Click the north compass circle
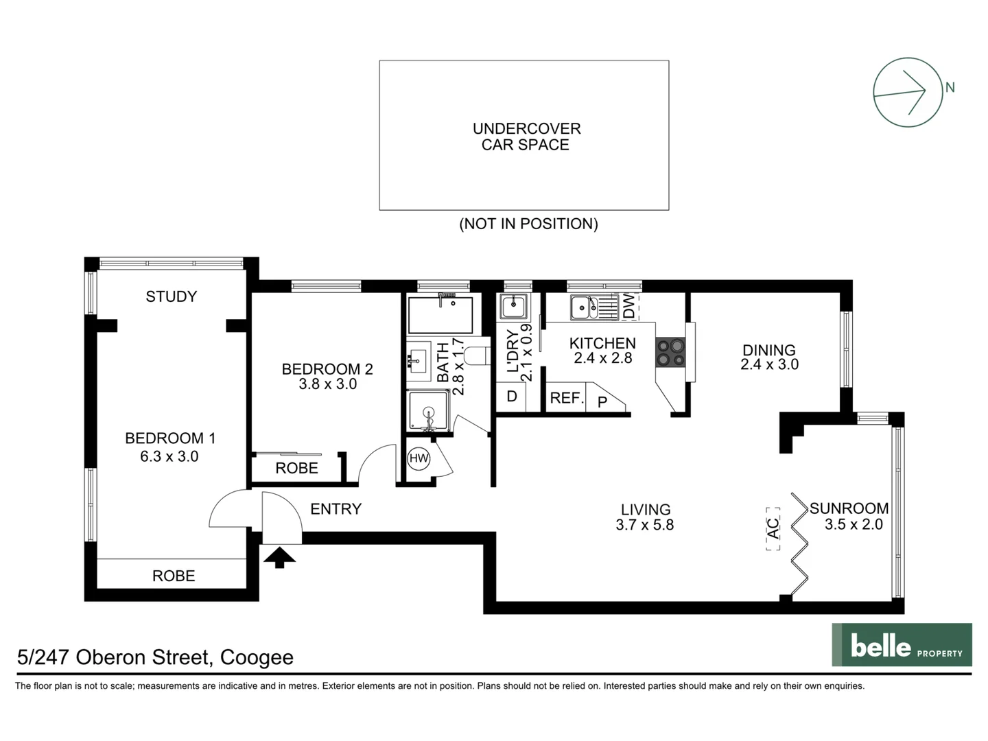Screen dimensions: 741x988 click(x=908, y=92)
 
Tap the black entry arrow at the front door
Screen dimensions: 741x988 click(x=279, y=556)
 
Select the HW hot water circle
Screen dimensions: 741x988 click(x=419, y=458)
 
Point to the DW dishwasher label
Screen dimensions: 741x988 click(x=629, y=306)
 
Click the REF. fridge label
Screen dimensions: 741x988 click(x=566, y=398)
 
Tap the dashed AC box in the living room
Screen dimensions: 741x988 click(x=773, y=528)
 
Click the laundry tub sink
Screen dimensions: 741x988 click(x=513, y=306)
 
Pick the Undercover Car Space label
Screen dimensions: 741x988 click(x=526, y=137)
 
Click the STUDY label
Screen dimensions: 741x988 click(x=172, y=296)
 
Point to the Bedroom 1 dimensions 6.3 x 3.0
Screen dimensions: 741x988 click(x=169, y=456)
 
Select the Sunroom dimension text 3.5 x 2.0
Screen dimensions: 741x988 click(x=854, y=525)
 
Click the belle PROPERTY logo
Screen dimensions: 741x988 click(x=902, y=645)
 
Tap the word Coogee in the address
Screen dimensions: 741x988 click(x=257, y=657)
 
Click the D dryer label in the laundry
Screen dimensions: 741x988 click(x=511, y=397)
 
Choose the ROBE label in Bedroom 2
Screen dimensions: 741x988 click(x=296, y=468)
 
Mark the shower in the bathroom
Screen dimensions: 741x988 click(x=429, y=412)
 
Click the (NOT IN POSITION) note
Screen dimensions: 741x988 click(x=528, y=224)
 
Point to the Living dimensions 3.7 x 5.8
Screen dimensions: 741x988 click(x=645, y=525)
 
